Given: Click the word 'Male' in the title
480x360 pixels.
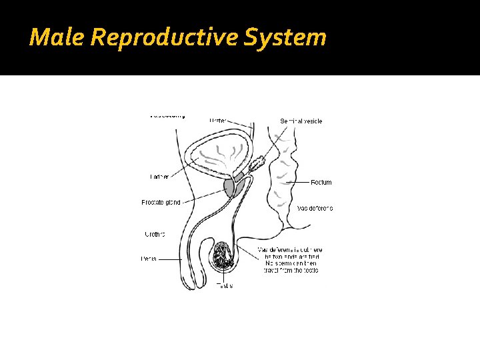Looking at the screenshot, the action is (x=56, y=37).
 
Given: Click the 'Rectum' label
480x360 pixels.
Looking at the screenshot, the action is (x=321, y=182).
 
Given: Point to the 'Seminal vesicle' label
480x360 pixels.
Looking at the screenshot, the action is (x=301, y=121).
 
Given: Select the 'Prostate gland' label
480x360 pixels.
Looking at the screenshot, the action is (x=161, y=202).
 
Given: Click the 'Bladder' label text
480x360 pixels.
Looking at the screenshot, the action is (x=159, y=177).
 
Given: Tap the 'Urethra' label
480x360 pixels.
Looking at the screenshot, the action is (x=155, y=234).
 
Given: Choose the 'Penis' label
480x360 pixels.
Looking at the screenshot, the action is (x=149, y=259).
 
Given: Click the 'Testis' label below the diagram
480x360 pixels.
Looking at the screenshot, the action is (x=225, y=285).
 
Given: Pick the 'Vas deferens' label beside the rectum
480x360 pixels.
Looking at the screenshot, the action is (x=315, y=208).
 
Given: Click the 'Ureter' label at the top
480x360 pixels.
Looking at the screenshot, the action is (x=217, y=121).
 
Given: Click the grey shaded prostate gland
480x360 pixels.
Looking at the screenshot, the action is (x=230, y=188).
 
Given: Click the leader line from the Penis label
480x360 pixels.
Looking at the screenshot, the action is (x=169, y=259).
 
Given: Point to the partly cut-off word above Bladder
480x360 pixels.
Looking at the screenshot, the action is (x=168, y=115).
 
